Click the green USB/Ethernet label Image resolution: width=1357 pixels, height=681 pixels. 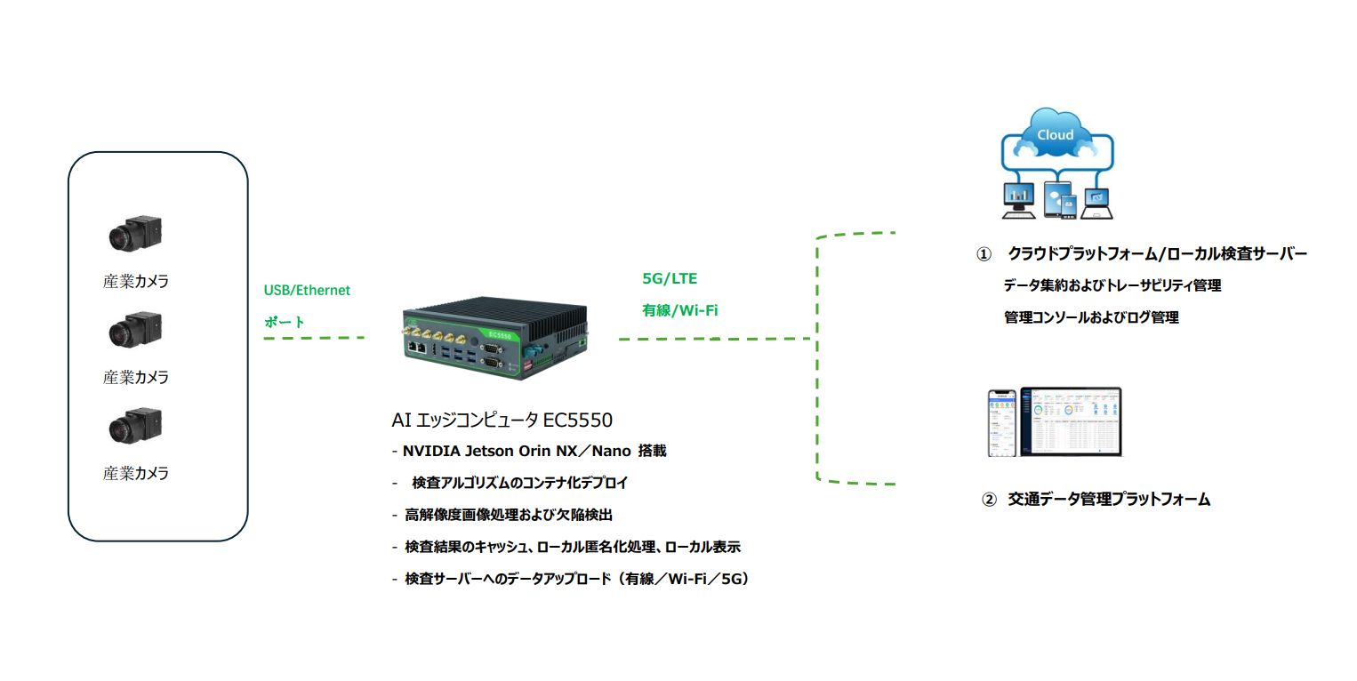point(307,290)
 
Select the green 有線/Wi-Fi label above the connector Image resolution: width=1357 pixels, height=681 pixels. point(679,310)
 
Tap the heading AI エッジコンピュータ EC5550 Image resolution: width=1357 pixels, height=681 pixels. point(502,420)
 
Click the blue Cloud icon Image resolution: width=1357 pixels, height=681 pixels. point(1056,135)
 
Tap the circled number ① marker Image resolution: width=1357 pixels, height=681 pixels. point(983,254)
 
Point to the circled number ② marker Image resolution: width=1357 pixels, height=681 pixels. point(988,500)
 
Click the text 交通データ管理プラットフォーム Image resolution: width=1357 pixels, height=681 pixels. point(1109,500)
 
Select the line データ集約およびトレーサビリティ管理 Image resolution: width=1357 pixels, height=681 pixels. point(1112,286)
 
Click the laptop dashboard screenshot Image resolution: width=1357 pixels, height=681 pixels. point(1071,421)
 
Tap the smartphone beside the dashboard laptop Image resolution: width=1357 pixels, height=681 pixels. point(1002,423)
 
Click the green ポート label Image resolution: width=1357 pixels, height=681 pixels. point(285,322)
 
